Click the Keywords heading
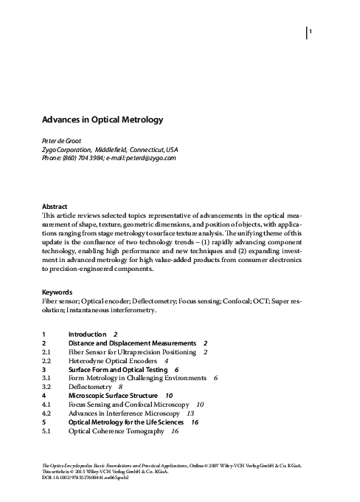[x=58, y=292]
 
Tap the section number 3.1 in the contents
[x=49, y=378]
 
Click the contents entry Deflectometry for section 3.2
[x=90, y=387]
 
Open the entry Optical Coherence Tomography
[x=119, y=431]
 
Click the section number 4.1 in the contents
[x=49, y=405]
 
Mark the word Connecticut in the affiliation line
[x=149, y=149]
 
